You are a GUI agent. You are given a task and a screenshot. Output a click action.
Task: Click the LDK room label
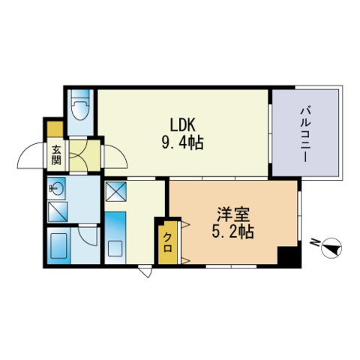(x=182, y=124)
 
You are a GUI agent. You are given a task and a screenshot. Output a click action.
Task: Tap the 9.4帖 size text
(x=182, y=143)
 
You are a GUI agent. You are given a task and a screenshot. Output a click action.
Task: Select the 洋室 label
(x=233, y=214)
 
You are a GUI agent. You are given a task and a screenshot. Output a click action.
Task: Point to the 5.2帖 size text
(x=233, y=232)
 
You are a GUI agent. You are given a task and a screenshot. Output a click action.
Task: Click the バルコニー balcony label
(x=305, y=134)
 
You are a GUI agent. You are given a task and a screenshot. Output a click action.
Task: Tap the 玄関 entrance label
(x=56, y=155)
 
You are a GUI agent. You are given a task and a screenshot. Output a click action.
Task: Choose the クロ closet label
(x=167, y=242)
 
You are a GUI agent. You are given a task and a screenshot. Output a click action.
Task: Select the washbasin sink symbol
(x=56, y=188)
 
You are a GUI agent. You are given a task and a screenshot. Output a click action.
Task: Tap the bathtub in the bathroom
(x=58, y=246)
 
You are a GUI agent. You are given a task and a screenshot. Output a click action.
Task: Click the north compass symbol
(x=331, y=247)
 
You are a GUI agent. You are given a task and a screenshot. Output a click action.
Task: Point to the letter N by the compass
(x=314, y=242)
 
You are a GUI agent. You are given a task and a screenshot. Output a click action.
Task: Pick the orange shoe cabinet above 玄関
(x=55, y=129)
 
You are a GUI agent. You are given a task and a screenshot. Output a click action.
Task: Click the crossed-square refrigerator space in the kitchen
(x=116, y=191)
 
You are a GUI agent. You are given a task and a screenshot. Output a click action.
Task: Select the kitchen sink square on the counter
(x=115, y=249)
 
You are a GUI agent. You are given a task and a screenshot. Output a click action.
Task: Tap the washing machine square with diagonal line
(x=58, y=212)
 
